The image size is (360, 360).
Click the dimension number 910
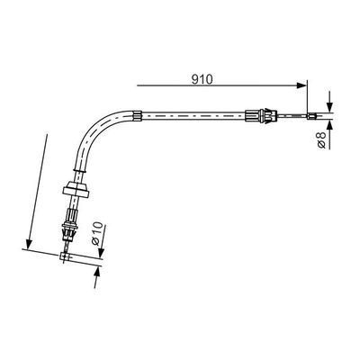[x=202, y=79]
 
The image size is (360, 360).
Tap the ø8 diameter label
[x=321, y=139]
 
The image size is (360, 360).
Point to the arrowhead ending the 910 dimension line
[x=301, y=85]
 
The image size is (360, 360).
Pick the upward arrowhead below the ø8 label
[x=329, y=124]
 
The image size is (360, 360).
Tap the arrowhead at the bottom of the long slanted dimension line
[x=29, y=244]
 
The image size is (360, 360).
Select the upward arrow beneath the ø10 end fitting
[x=96, y=277]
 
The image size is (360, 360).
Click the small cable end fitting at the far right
[x=311, y=116]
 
